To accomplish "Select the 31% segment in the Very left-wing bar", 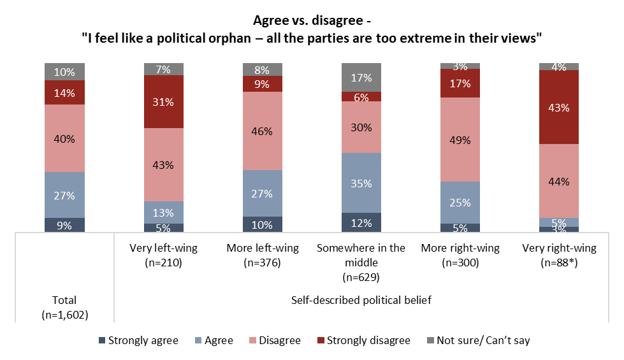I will (164, 101).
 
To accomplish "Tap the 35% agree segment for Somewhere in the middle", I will (361, 182).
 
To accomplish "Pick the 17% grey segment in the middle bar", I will (361, 77).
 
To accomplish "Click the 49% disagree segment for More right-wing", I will (460, 140).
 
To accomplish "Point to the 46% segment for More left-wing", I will (263, 131).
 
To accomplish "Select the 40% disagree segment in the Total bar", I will (64, 138).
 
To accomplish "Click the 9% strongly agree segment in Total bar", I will (64, 225).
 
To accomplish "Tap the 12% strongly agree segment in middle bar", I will (361, 222).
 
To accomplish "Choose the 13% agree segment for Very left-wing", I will (164, 212).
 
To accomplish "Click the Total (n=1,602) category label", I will (64, 306).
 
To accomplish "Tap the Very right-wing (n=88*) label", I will (559, 255).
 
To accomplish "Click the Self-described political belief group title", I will (361, 300).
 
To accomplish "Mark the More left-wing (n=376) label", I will (263, 255).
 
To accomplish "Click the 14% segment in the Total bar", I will (64, 92).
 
